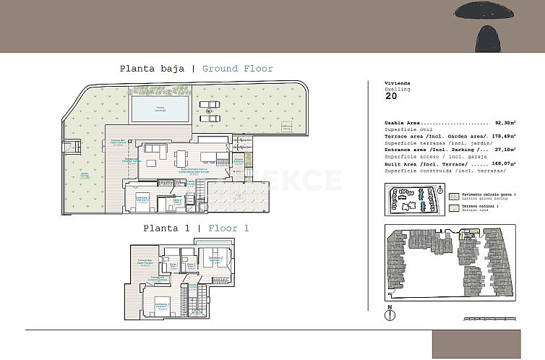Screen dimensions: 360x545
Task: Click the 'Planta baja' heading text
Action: pos(153,69)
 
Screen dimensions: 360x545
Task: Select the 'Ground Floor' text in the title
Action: pos(237,69)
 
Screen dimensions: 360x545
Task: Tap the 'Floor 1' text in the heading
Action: pos(228,228)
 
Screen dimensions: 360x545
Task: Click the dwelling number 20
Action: pos(391,95)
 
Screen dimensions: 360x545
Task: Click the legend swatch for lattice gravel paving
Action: pos(452,195)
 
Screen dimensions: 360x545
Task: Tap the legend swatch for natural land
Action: pos(452,207)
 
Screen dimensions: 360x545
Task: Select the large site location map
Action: pos(447,262)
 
